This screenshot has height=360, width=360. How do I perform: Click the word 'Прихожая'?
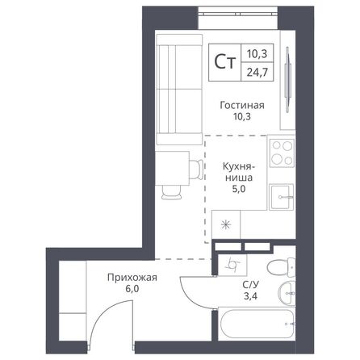(131, 278)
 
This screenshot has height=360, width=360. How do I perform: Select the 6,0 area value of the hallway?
(131, 293)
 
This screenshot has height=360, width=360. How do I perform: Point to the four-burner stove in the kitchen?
(282, 151)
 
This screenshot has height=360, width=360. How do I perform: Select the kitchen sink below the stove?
(282, 195)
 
